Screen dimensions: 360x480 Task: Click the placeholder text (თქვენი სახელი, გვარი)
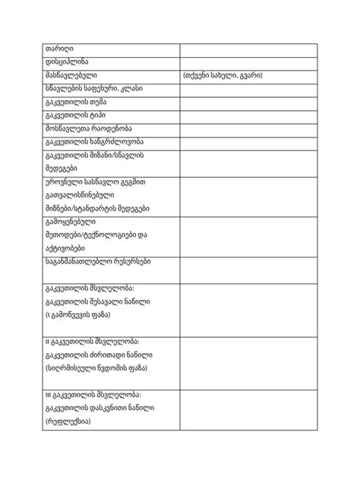coord(223,76)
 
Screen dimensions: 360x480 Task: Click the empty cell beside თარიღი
coord(248,49)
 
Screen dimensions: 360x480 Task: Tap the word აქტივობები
coord(64,248)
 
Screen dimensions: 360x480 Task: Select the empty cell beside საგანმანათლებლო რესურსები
coord(248,269)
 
